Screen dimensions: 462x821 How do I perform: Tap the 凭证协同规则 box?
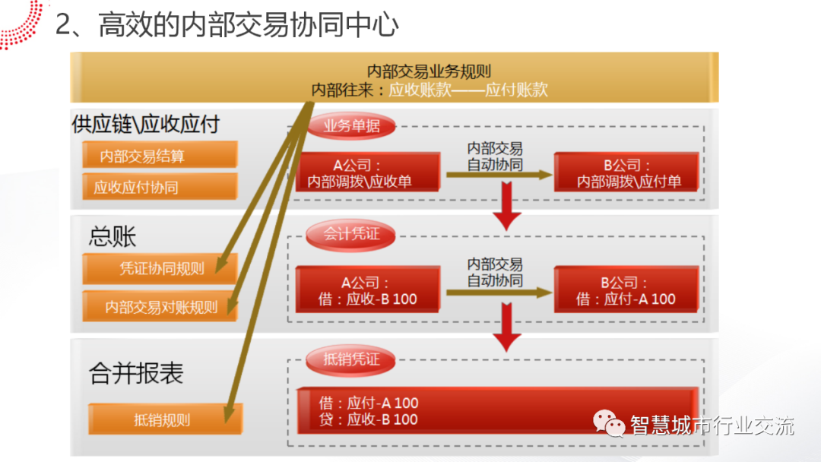pos(160,268)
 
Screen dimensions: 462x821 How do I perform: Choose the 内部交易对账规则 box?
pos(160,307)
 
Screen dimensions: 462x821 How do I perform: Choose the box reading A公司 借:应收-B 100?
pos(369,290)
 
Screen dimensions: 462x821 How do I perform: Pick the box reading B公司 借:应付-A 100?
pos(626,290)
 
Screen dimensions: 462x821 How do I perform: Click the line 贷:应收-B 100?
pos(369,419)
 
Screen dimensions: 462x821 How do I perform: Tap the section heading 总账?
pos(113,236)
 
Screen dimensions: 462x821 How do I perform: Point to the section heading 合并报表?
pos(136,373)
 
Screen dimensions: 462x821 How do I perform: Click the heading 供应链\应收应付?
pos(145,124)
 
